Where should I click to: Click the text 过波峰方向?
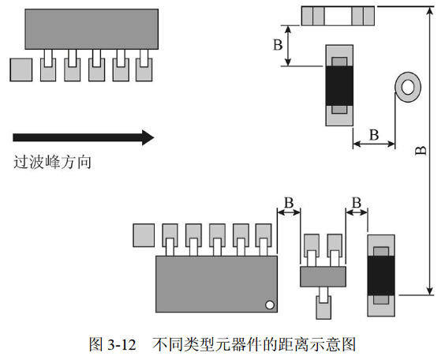tap(52, 163)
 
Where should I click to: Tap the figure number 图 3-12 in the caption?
tap(114, 344)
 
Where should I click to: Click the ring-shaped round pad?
tap(409, 86)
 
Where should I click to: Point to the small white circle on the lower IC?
tap(269, 304)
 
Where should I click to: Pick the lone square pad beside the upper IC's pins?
tap(21, 69)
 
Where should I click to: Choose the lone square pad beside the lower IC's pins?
tap(144, 234)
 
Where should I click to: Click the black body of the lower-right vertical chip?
tap(382, 274)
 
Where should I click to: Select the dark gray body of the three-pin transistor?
tap(323, 276)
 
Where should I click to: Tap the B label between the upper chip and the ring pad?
tap(375, 134)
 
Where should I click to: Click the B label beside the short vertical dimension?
tap(278, 45)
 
